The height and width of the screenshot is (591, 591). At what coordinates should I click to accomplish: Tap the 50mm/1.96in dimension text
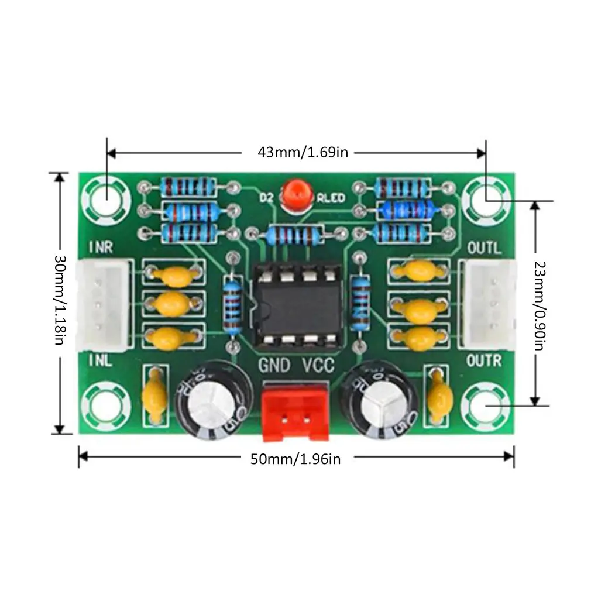[295, 459]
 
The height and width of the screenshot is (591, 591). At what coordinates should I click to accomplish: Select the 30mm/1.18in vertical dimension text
[59, 300]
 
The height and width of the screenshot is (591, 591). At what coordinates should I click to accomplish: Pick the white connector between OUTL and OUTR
[490, 304]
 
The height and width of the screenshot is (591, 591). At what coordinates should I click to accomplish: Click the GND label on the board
[274, 366]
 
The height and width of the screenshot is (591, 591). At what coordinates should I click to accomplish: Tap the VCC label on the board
[318, 366]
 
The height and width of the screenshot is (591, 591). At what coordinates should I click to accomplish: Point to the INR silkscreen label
[101, 248]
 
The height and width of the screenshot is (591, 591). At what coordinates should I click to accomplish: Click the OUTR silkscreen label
[484, 361]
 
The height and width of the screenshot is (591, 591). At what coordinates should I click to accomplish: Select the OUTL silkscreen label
[484, 248]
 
